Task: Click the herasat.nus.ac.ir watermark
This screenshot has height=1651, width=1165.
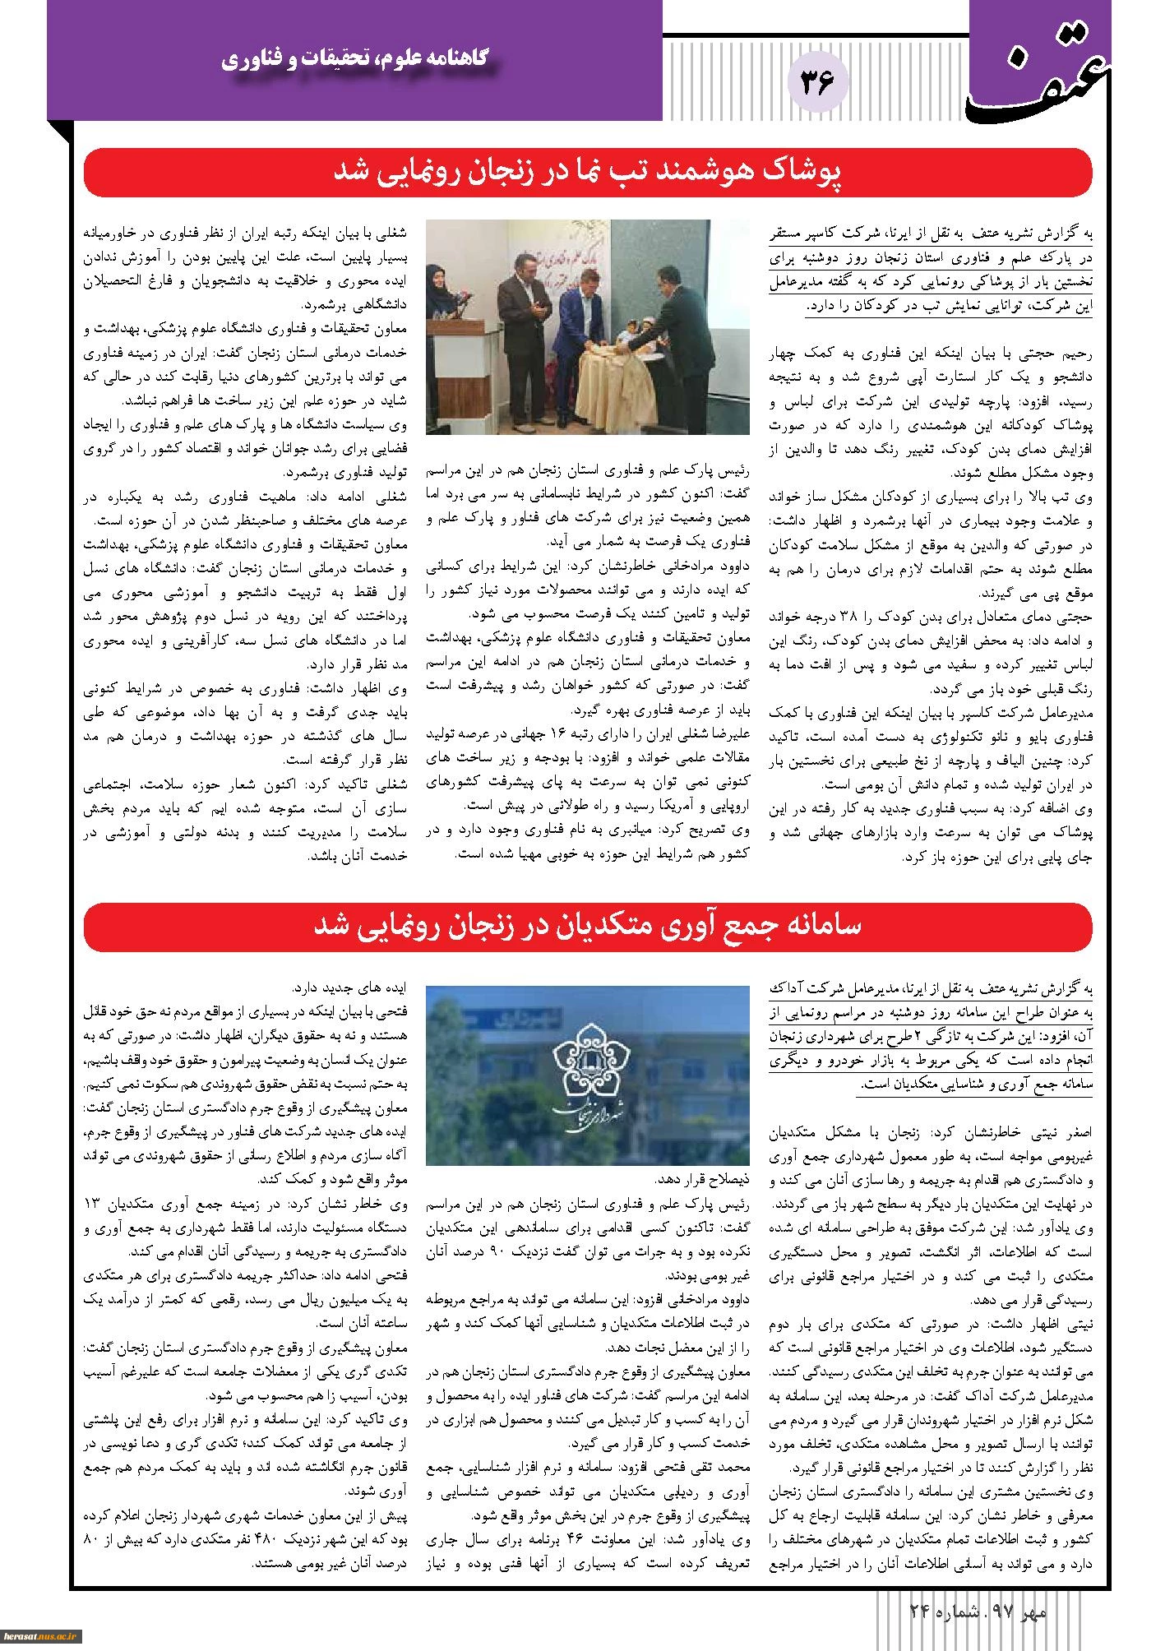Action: (x=42, y=1639)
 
